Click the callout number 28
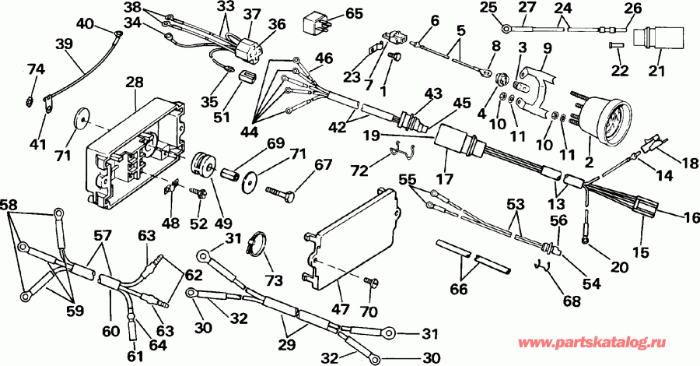pyautogui.click(x=135, y=82)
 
